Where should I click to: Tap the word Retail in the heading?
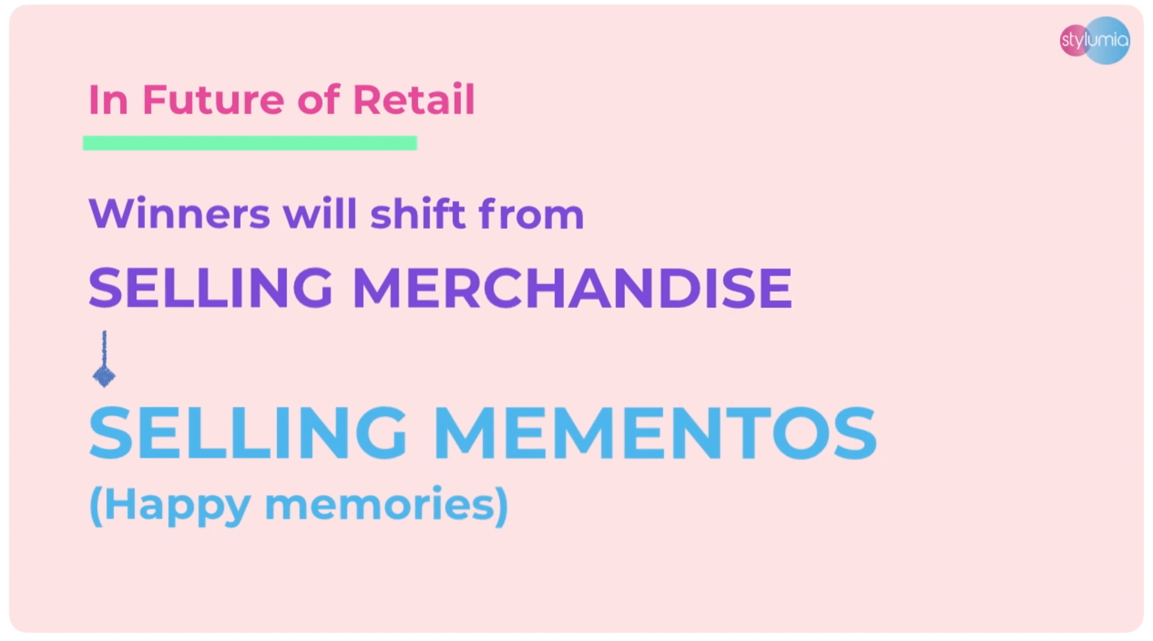[414, 99]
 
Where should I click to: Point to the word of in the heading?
[319, 99]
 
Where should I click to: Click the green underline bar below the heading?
[250, 143]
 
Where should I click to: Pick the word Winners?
[179, 214]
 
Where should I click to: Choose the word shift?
[418, 213]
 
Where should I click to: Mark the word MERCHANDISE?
[572, 288]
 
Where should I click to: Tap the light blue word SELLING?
[248, 432]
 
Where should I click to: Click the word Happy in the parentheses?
[178, 506]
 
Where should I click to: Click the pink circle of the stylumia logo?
[1075, 41]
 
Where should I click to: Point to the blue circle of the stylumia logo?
[1108, 41]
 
